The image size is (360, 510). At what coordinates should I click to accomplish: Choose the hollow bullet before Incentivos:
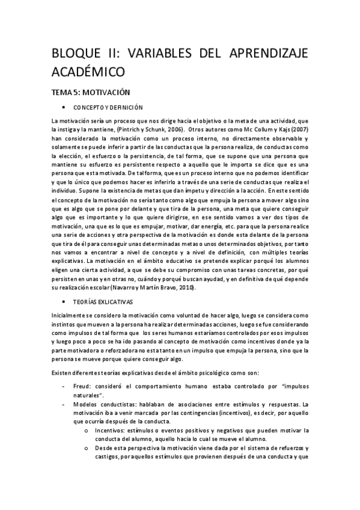(x=88, y=430)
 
